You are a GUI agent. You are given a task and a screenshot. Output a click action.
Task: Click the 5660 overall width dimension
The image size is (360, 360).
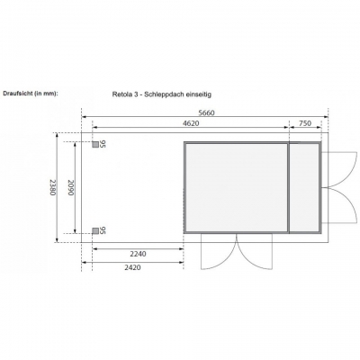coord(207,112)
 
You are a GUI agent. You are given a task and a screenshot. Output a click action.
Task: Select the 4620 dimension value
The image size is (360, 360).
coord(191,123)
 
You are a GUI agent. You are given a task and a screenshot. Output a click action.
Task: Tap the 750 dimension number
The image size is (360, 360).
coord(305,123)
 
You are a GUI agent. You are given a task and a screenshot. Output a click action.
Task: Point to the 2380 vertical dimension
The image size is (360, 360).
coord(53,187)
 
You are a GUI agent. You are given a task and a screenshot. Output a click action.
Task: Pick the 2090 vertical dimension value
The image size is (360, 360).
coord(70,187)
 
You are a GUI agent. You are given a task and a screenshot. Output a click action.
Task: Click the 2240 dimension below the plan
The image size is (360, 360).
coord(138,254)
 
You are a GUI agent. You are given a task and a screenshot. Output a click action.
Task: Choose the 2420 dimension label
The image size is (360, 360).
coord(132,267)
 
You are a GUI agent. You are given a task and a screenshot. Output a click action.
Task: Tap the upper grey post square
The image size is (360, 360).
coord(95,145)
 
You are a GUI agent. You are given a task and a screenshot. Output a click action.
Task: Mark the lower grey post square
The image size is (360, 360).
coord(95,230)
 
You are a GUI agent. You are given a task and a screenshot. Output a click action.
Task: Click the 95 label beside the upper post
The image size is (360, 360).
coord(103,144)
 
